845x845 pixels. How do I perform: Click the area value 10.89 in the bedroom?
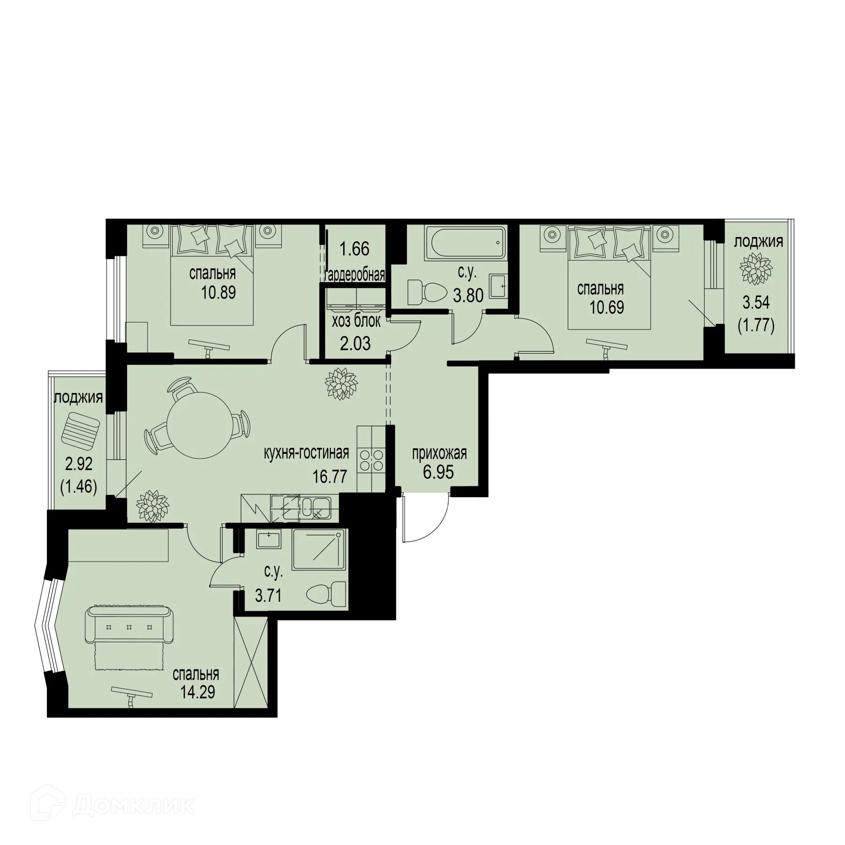pos(218,293)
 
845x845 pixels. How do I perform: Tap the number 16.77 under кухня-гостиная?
pos(330,476)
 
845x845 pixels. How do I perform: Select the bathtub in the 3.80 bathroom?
pos(465,243)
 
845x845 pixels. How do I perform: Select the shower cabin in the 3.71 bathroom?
pos(320,549)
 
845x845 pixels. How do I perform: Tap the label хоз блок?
pos(356,322)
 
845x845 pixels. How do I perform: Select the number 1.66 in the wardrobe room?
pos(354,249)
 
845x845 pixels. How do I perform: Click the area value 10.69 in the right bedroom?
pos(607,307)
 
